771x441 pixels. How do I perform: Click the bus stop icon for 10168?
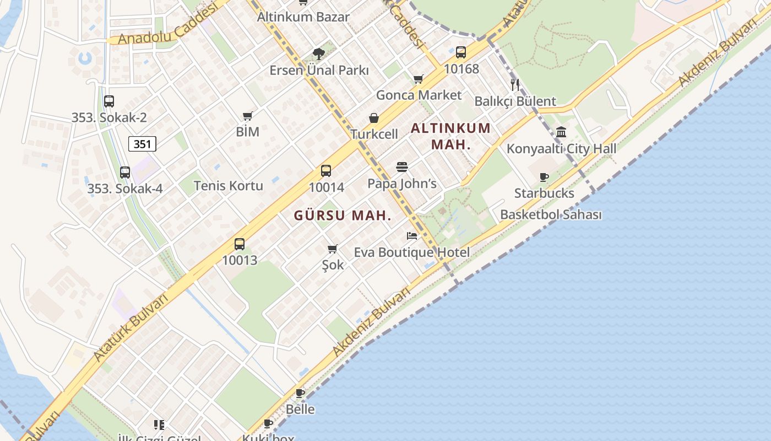(461, 52)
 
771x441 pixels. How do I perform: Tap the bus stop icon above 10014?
(326, 171)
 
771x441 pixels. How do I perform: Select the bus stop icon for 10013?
(240, 244)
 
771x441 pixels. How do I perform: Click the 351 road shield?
(142, 144)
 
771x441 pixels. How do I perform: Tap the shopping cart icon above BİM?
(247, 116)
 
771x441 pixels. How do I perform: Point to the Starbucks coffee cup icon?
(544, 177)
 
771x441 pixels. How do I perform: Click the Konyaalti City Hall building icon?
(561, 132)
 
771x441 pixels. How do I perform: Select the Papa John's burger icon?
(402, 167)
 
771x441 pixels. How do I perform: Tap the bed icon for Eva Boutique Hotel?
(412, 236)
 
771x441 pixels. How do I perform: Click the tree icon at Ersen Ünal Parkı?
(318, 54)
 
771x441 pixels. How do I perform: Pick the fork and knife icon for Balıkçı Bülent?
(515, 84)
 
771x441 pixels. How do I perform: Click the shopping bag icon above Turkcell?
(374, 118)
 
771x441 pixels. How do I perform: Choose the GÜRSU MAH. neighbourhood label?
(343, 216)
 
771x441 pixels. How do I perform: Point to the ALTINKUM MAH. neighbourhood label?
(450, 136)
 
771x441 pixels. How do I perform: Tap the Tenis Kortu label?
(229, 186)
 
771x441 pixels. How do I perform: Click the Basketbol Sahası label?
(551, 214)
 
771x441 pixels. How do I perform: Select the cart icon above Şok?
(332, 249)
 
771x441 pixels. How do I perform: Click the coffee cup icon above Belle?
(300, 394)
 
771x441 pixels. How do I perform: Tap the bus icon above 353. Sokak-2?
(109, 101)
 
